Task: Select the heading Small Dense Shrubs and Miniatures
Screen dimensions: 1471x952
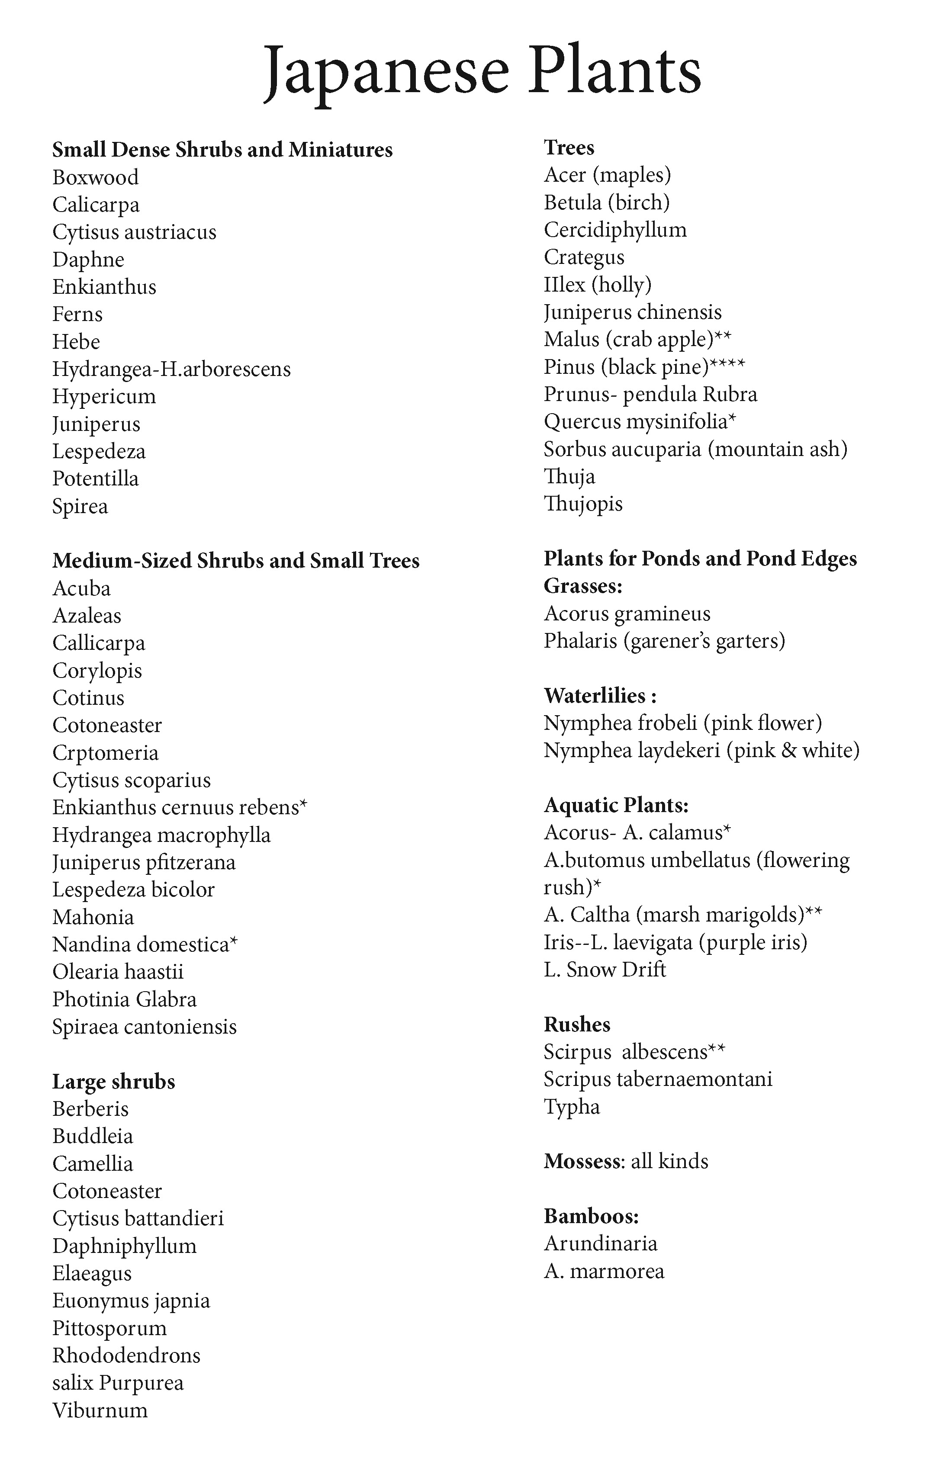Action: pos(222,150)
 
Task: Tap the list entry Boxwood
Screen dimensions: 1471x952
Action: pos(95,178)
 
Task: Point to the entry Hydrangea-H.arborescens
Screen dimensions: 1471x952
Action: pos(171,369)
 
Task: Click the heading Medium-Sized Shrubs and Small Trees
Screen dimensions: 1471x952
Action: pos(235,561)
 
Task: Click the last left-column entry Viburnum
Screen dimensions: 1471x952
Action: pos(100,1410)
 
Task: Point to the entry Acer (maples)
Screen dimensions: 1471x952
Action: pos(607,176)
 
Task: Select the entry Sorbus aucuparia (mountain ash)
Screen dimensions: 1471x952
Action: pos(695,450)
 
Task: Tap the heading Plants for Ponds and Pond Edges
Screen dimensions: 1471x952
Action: pos(700,559)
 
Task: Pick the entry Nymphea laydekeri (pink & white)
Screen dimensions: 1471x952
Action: pos(701,751)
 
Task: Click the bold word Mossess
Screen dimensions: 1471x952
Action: pos(582,1162)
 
